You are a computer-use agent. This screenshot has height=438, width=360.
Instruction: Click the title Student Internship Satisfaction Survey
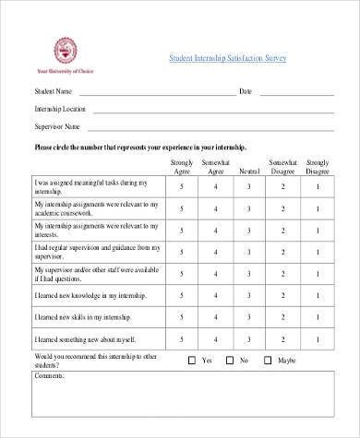click(x=228, y=58)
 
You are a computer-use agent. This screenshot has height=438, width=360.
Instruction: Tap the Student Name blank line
click(x=157, y=94)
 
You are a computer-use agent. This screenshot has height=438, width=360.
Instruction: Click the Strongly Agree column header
click(x=183, y=167)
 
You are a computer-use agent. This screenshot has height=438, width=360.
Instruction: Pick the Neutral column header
click(x=249, y=172)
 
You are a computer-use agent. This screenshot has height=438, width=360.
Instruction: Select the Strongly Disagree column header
click(x=317, y=167)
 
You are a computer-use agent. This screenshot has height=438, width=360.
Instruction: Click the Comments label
click(x=50, y=377)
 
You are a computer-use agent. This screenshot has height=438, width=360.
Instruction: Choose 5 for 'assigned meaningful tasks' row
click(x=183, y=187)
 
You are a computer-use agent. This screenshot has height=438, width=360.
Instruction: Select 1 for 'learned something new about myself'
click(x=317, y=342)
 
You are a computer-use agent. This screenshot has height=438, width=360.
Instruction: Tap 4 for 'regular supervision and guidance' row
click(x=216, y=252)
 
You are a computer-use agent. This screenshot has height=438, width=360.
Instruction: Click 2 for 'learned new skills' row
click(x=282, y=318)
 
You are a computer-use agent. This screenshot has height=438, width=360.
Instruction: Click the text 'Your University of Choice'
click(x=65, y=71)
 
